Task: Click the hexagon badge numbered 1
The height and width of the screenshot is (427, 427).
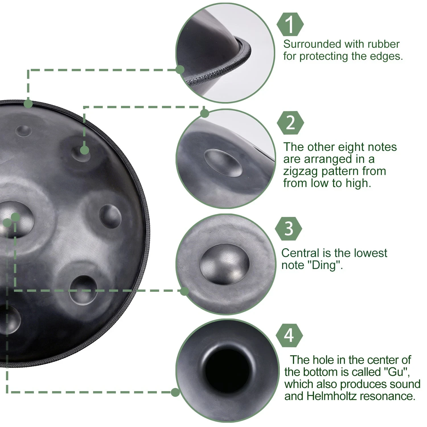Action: click(290, 24)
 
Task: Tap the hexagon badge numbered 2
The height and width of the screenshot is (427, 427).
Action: click(290, 123)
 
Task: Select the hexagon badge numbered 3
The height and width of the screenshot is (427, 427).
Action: click(289, 228)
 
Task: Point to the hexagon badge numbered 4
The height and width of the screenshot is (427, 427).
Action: click(289, 335)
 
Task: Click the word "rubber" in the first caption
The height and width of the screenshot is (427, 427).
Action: click(383, 44)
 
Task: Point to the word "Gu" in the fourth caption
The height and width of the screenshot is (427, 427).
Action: click(396, 372)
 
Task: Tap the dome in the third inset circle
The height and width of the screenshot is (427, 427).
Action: click(225, 264)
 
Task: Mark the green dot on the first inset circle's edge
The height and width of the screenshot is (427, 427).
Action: click(180, 69)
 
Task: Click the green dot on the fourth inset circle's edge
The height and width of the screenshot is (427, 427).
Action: click(175, 392)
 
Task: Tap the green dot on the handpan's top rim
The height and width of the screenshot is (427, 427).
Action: click(28, 104)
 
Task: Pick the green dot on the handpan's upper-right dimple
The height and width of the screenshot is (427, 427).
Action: click(84, 150)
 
